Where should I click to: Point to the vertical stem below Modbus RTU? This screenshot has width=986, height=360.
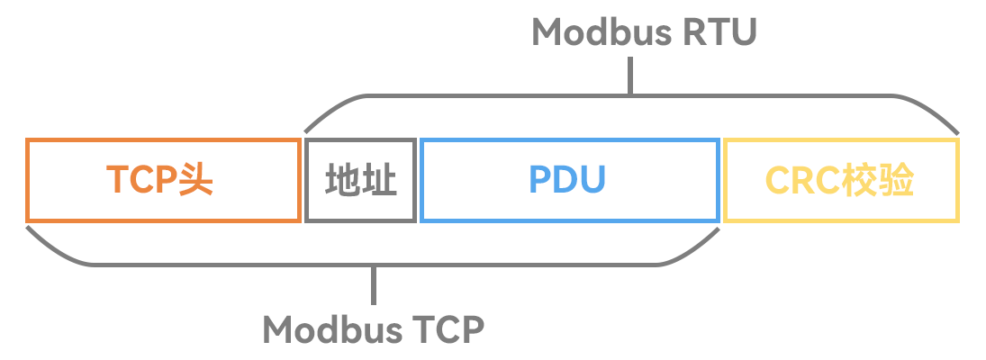point(630,76)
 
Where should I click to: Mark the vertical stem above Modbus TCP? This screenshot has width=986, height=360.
point(374,285)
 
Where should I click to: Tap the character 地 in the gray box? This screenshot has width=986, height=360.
point(342,181)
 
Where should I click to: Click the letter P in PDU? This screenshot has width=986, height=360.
point(540,180)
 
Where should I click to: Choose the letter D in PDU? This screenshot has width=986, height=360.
point(566,180)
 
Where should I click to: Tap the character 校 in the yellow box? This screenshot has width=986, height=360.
point(860,181)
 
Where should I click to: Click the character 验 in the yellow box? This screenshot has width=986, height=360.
point(897,181)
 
